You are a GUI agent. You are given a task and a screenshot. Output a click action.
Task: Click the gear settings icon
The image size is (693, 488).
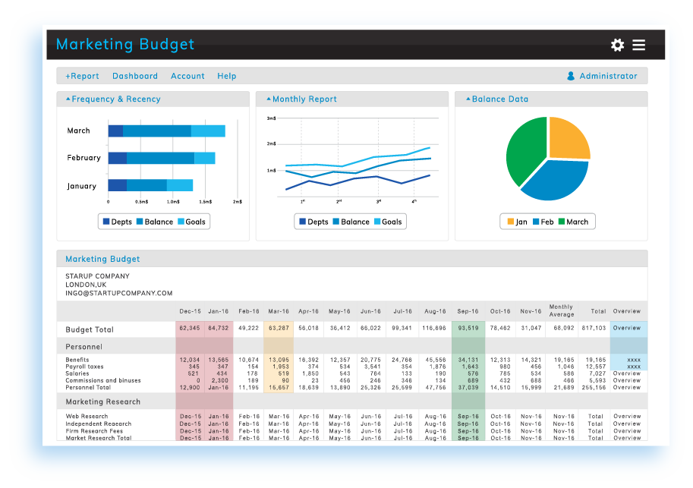tap(617, 45)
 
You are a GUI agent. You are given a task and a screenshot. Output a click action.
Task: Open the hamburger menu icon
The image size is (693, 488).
tap(639, 45)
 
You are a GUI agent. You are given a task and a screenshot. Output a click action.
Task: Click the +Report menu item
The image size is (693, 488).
tap(82, 76)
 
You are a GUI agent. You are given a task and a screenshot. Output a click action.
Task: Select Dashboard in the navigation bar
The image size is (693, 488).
tap(135, 76)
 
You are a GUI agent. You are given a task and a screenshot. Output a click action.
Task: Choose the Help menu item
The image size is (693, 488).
tap(227, 76)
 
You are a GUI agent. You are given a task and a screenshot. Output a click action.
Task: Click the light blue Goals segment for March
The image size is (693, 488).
tap(208, 131)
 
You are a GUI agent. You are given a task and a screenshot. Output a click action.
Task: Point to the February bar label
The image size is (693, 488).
tap(83, 158)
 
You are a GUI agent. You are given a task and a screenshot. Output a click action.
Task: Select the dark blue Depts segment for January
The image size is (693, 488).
tap(117, 185)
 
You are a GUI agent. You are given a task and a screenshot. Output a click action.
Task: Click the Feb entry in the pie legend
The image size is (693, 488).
tap(543, 222)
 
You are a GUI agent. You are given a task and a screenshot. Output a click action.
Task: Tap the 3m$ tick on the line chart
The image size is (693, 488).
tap(271, 118)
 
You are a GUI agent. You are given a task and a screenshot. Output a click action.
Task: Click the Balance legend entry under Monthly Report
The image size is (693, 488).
tap(350, 222)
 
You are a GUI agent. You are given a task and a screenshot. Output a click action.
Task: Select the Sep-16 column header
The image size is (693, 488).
tap(468, 311)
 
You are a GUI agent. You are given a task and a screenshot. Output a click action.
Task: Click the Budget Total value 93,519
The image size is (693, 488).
tap(468, 329)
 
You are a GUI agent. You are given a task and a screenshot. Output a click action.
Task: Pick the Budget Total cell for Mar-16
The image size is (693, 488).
tap(279, 329)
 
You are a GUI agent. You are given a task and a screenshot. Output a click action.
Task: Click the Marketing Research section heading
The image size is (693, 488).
tap(102, 401)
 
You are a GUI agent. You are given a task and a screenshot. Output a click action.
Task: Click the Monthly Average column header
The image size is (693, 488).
tap(561, 310)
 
